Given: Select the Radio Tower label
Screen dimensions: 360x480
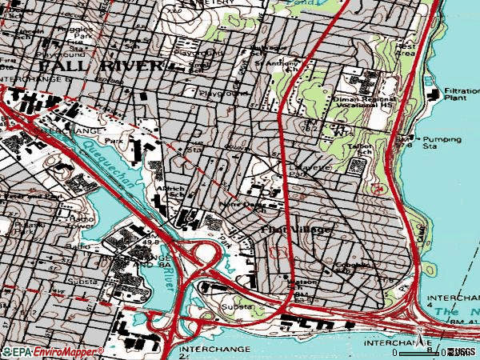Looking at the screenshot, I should pyautogui.click(x=83, y=222).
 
